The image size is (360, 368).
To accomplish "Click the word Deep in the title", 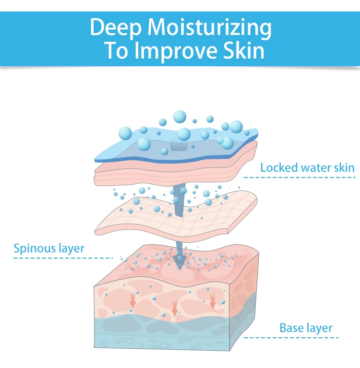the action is pyautogui.click(x=116, y=28).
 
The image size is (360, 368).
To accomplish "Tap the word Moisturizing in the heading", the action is pyautogui.click(x=209, y=28).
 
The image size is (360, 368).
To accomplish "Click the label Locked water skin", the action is pyautogui.click(x=307, y=168).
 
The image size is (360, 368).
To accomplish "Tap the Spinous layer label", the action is pyautogui.click(x=49, y=249).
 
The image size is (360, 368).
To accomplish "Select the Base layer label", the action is pyautogui.click(x=306, y=328).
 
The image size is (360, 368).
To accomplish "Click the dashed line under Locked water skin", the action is pyautogui.click(x=300, y=178).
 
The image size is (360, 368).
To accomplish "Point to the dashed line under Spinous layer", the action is pyautogui.click(x=63, y=258).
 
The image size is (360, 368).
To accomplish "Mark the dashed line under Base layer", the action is pyautogui.click(x=291, y=338).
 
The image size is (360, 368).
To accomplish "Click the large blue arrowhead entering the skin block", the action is pyautogui.click(x=180, y=262).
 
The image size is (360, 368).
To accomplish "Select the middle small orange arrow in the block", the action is pyautogui.click(x=175, y=309).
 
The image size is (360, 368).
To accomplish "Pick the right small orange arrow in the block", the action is pyautogui.click(x=213, y=302).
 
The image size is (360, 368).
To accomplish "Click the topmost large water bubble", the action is pyautogui.click(x=180, y=117).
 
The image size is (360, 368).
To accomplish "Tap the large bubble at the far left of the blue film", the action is pyautogui.click(x=125, y=133).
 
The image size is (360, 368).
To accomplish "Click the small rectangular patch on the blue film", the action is pyautogui.click(x=179, y=147).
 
